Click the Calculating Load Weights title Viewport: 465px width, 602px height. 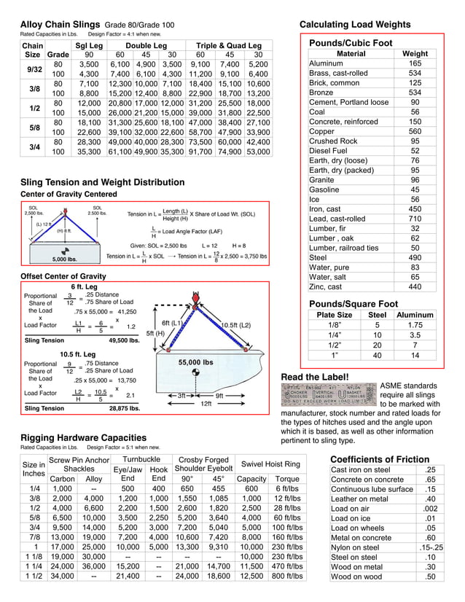[365, 24]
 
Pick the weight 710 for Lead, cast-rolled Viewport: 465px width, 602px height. [415, 219]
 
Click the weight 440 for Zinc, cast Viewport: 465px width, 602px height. [415, 287]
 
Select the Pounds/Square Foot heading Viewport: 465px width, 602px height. [353, 303]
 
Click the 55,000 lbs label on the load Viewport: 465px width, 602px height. [195, 361]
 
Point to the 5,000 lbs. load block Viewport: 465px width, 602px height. [67, 258]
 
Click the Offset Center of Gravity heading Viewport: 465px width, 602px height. [63, 276]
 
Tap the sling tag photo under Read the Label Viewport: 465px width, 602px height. [329, 393]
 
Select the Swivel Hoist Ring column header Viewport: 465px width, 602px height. [271, 464]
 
